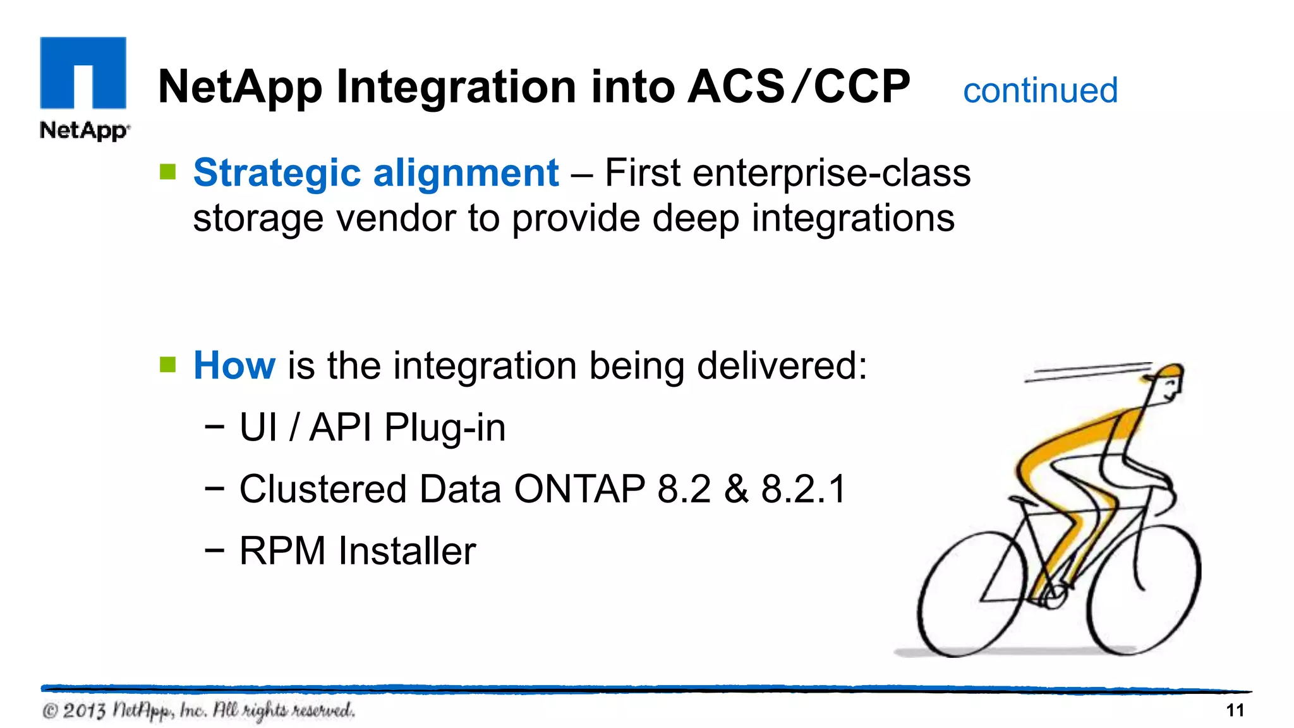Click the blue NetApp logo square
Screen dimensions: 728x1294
[83, 73]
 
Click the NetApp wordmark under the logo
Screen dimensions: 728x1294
[84, 131]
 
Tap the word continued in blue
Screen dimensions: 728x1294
[1040, 90]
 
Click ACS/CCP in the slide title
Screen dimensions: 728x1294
[799, 87]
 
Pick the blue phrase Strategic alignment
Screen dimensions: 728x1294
[376, 173]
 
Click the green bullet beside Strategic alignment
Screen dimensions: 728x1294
[168, 172]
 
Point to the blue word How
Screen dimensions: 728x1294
[234, 365]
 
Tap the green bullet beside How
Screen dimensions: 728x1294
[168, 365]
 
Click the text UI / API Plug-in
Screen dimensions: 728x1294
[372, 427]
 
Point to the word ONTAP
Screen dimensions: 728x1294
[579, 489]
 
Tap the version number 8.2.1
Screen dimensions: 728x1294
[803, 489]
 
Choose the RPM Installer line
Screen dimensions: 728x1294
[357, 550]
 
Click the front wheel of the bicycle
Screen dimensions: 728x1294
[1144, 588]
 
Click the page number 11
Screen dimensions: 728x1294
[1235, 710]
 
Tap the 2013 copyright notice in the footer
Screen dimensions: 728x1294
[198, 710]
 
